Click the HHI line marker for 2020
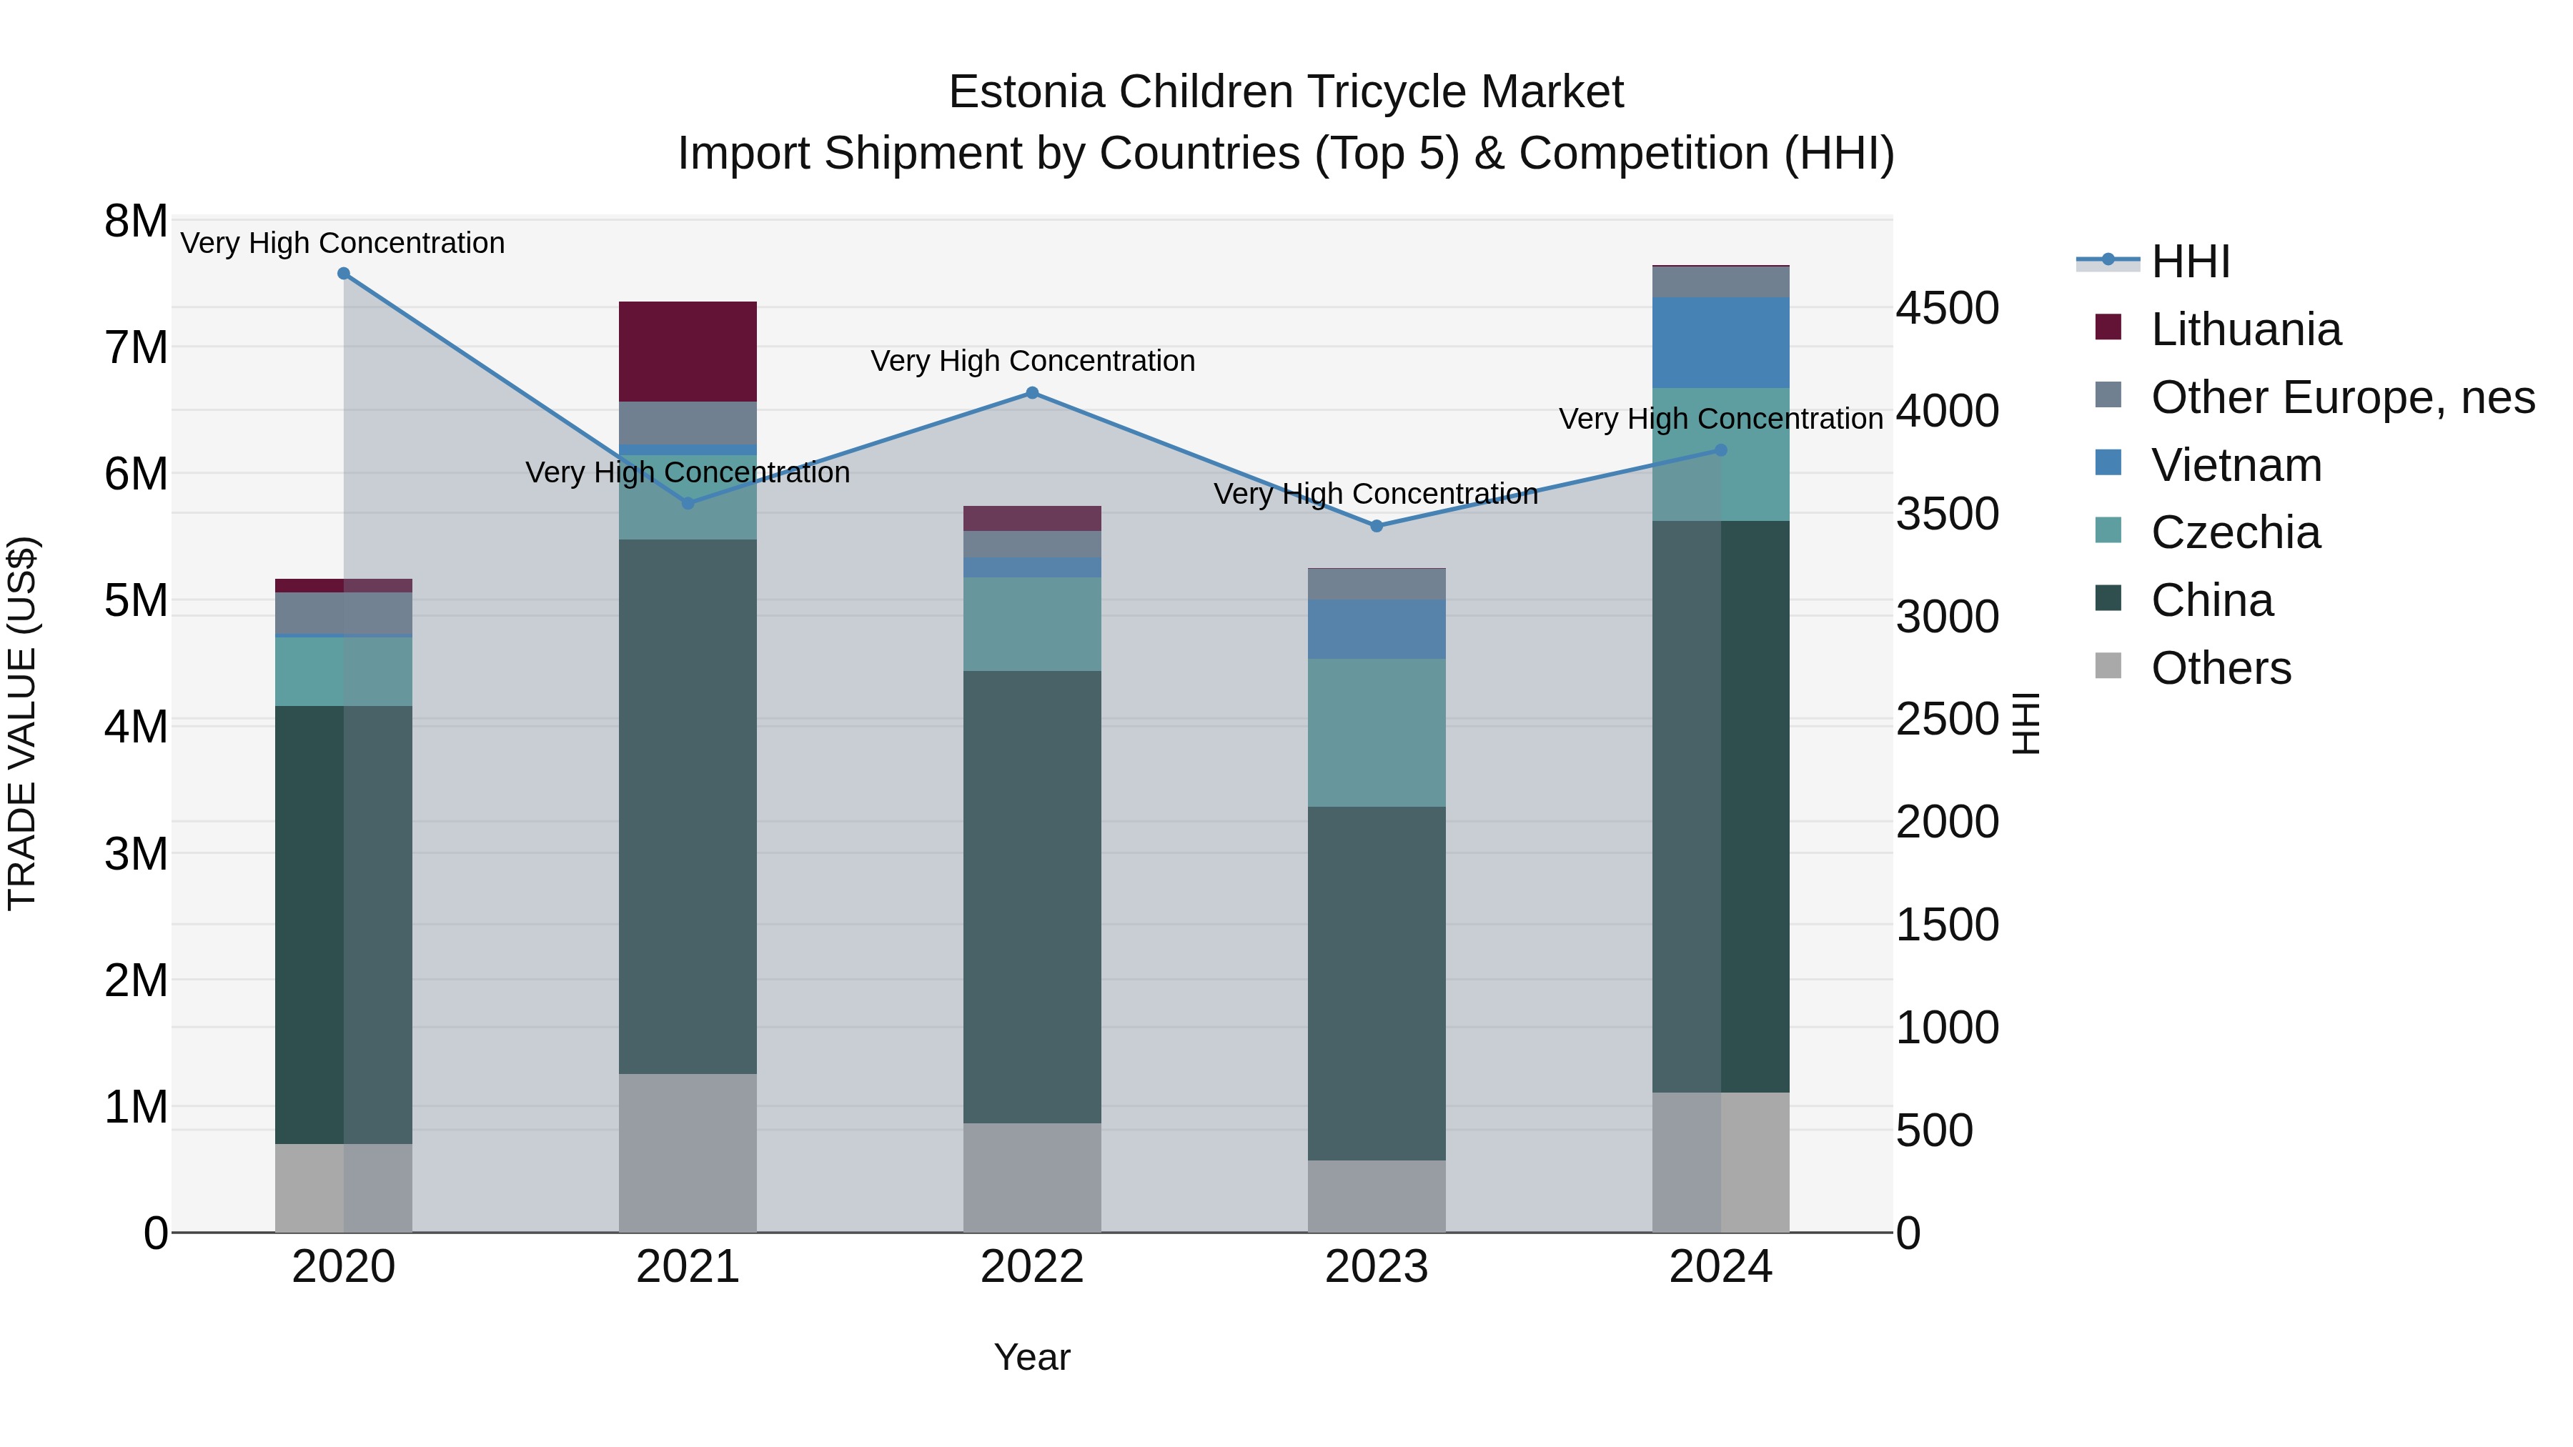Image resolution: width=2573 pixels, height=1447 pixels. [344, 274]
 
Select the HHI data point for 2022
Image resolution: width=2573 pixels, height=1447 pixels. [1032, 394]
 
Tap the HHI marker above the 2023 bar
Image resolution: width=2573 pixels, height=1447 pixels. [1377, 526]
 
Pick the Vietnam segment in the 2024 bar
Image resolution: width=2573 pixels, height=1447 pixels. [1720, 342]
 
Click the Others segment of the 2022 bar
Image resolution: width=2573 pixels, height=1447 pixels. [1032, 1178]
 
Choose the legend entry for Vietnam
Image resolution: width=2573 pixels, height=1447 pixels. [2236, 465]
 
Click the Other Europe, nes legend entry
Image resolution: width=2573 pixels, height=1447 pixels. [2341, 397]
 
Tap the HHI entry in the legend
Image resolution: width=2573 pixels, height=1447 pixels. [2189, 262]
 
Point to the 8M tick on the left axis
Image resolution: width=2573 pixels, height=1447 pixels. [136, 222]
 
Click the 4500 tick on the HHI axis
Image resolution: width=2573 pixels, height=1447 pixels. [1947, 309]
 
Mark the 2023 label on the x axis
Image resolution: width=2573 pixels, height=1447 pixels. [1377, 1267]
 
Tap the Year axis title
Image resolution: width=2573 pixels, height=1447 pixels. [1032, 1357]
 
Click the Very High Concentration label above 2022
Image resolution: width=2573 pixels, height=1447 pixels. [1032, 361]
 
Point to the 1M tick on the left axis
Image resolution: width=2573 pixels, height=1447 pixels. [136, 1106]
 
